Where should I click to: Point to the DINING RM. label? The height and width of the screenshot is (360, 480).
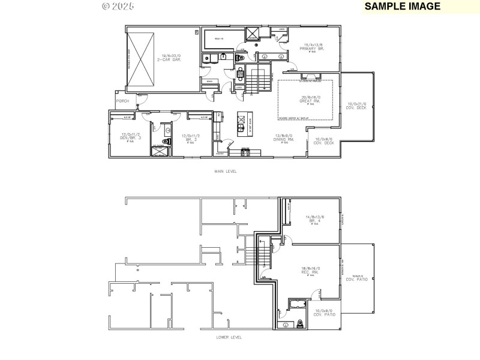pos(284,137)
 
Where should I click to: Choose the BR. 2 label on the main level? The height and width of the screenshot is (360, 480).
pos(190,137)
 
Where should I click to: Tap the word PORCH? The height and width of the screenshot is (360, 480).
pos(122,101)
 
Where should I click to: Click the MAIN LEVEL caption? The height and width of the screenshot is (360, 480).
pos(226,171)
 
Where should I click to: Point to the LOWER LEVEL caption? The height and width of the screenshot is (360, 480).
pos(229,337)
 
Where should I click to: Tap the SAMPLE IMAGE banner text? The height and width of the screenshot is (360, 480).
pos(402,7)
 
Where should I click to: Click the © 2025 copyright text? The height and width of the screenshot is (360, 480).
pos(118,6)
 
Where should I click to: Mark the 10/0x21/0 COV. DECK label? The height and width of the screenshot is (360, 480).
pos(356,106)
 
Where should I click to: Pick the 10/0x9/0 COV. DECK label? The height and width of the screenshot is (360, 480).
pos(323,141)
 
